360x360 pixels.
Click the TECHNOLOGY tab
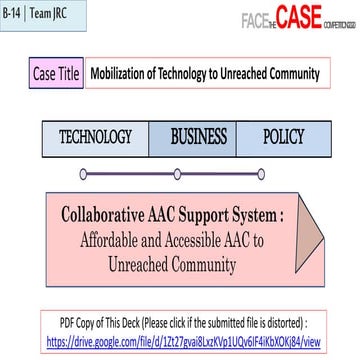[x=96, y=137]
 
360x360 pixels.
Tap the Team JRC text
[x=55, y=16]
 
